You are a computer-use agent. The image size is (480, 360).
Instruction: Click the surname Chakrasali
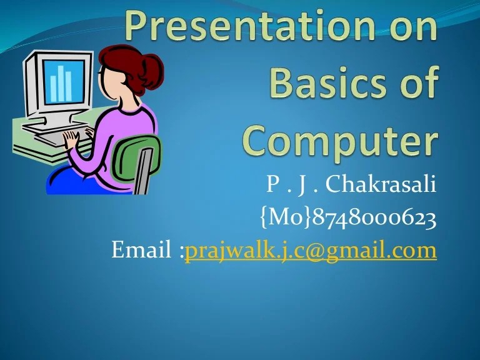pyautogui.click(x=381, y=186)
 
